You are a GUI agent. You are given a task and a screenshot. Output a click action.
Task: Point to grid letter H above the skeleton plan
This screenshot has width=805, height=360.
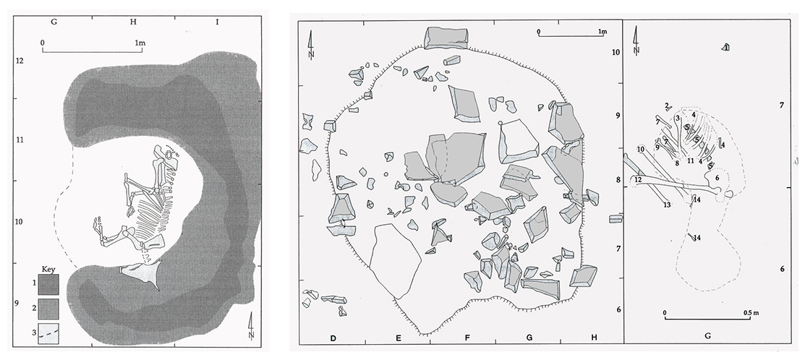(x=133, y=22)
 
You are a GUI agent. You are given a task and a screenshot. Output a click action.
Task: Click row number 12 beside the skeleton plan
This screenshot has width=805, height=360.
(x=20, y=61)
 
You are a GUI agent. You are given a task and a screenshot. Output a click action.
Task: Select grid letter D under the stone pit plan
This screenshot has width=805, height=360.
(x=333, y=338)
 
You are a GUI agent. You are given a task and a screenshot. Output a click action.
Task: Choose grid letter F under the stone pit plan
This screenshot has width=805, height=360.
(x=467, y=338)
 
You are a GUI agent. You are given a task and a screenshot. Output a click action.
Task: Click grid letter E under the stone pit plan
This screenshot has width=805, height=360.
(x=398, y=338)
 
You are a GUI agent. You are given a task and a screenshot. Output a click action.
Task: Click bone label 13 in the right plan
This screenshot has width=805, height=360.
(x=667, y=205)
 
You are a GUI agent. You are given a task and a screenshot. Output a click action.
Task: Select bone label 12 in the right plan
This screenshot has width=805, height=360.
(x=638, y=180)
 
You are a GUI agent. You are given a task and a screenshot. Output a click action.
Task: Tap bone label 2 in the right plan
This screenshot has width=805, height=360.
(x=666, y=106)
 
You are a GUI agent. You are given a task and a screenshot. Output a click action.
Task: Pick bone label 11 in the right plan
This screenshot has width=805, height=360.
(x=691, y=161)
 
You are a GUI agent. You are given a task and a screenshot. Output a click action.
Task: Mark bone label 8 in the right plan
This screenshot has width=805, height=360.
(x=678, y=163)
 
